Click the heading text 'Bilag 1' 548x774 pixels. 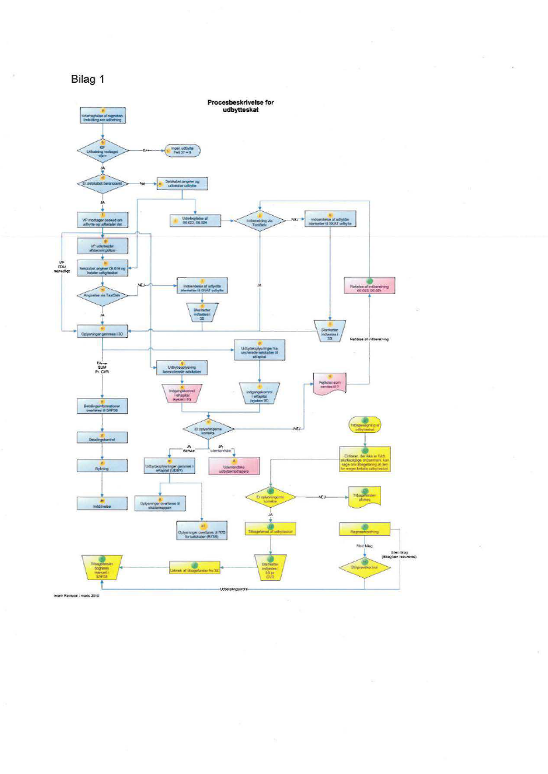(87, 79)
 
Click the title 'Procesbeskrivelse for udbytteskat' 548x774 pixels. (240, 107)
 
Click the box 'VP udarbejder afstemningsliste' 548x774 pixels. (103, 246)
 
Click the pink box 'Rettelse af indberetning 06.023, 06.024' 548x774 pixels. (370, 285)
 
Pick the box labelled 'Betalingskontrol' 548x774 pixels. (103, 438)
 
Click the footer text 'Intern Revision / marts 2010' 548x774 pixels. (77, 596)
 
